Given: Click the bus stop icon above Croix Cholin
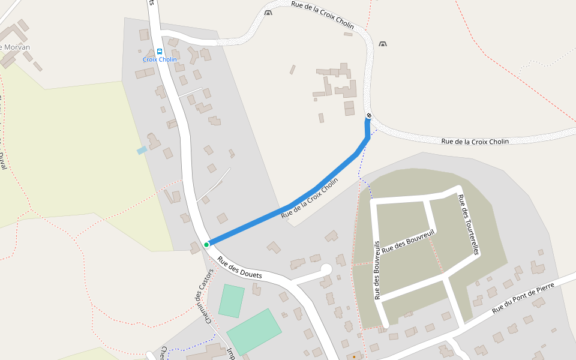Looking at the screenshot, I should point(160,52).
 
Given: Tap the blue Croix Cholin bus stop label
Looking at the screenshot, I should point(160,59).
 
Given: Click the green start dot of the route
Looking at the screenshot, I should point(206,244).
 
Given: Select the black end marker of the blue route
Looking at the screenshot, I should point(369,115).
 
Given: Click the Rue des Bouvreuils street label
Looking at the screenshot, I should point(377,271).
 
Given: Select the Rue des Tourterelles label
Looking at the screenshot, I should point(468,225).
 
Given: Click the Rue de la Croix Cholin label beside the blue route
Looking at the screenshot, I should point(310,197).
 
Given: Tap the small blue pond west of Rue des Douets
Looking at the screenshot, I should point(142,150).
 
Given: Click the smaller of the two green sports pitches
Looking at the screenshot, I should point(231,301).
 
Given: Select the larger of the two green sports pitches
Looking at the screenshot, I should point(254,332).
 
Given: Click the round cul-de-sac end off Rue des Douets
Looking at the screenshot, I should point(326,269).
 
